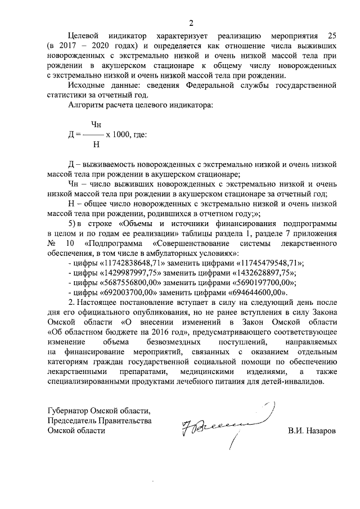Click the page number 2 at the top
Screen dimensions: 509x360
(191, 23)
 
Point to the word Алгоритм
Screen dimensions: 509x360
(87, 105)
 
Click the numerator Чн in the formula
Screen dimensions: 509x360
(96, 125)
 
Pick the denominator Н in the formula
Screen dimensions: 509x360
(96, 145)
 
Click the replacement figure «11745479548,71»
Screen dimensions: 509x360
(269, 263)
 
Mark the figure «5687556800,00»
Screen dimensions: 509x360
(131, 282)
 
